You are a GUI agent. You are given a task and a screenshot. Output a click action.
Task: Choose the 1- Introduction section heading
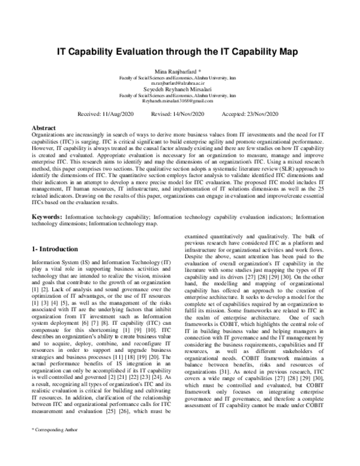(62, 249)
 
